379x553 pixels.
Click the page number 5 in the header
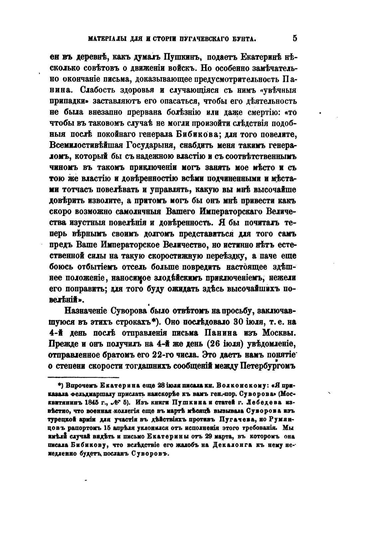pos(295,38)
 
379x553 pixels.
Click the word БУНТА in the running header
pos(242,39)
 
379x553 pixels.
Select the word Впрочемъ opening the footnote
pos(78,386)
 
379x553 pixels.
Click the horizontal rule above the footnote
pos(84,377)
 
